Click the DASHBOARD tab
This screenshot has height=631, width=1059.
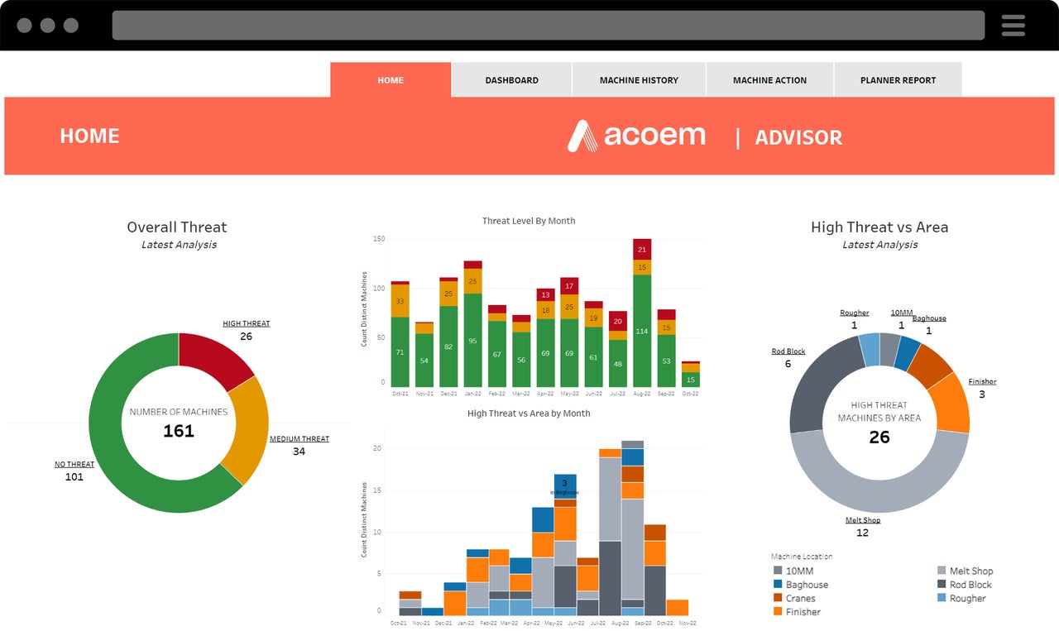511,80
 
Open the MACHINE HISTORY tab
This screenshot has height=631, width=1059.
639,80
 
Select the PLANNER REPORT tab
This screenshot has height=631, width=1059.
898,80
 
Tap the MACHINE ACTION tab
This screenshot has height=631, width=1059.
769,80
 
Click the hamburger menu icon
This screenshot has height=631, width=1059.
1013,26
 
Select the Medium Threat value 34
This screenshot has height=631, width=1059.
299,452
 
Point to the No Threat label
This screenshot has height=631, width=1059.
74,464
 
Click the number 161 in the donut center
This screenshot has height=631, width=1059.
179,431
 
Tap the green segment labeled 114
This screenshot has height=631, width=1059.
641,331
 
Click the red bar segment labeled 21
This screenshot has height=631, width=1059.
641,249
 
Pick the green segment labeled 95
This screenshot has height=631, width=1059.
472,340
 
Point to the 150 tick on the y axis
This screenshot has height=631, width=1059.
379,239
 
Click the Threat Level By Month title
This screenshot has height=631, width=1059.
529,221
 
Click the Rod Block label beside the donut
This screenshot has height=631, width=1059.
788,351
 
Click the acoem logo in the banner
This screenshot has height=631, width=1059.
636,136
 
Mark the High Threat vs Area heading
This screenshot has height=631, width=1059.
879,227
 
